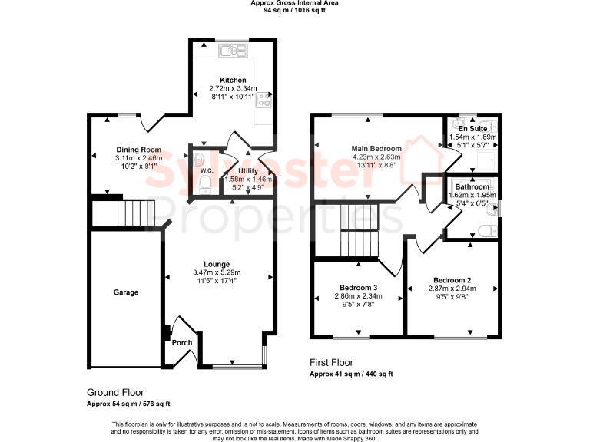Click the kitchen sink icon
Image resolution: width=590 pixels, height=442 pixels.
pos(232,51)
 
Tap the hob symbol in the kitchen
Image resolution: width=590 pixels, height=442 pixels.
pos(264,98)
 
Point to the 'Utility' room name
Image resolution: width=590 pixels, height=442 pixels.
pos(248,170)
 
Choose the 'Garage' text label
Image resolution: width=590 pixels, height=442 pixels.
pos(126,292)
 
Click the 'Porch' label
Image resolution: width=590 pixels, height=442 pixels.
pos(182,342)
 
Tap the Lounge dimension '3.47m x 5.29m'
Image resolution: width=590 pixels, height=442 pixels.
pos(217,272)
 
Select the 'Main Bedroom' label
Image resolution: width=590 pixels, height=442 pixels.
pos(376,148)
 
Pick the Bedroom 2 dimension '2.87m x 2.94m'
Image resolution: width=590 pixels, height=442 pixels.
pos(452,289)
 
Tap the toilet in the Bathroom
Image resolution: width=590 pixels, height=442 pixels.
pos(485,229)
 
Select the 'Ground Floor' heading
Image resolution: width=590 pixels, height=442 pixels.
pos(115,392)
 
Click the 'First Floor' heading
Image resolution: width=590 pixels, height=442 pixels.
pos(331,361)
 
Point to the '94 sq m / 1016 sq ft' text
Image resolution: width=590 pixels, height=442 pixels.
pos(294,11)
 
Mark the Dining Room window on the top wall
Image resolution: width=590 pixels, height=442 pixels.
pos(127,115)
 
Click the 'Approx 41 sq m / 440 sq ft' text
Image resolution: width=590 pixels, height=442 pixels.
pos(351,374)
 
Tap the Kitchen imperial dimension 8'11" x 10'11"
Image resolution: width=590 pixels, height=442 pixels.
pos(233,97)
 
